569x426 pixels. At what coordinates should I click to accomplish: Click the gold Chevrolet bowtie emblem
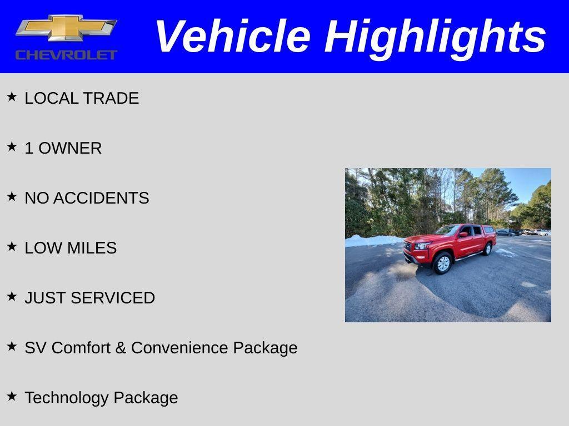coord(66,28)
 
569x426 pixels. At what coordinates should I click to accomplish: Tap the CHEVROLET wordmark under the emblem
coord(66,54)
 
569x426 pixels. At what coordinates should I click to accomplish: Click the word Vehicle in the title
coord(232,37)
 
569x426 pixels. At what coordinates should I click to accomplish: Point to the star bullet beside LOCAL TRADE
coord(12,97)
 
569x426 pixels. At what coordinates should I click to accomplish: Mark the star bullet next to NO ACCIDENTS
coord(12,197)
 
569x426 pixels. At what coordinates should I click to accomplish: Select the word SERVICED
coord(121,298)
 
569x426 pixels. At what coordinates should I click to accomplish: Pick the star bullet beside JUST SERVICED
coord(12,297)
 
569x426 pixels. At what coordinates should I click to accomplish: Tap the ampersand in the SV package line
coord(121,348)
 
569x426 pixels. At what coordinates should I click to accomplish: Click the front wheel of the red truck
coord(443,263)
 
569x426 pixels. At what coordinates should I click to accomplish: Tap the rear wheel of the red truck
coord(487,249)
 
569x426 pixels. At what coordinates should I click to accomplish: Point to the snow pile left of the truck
coord(371,241)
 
